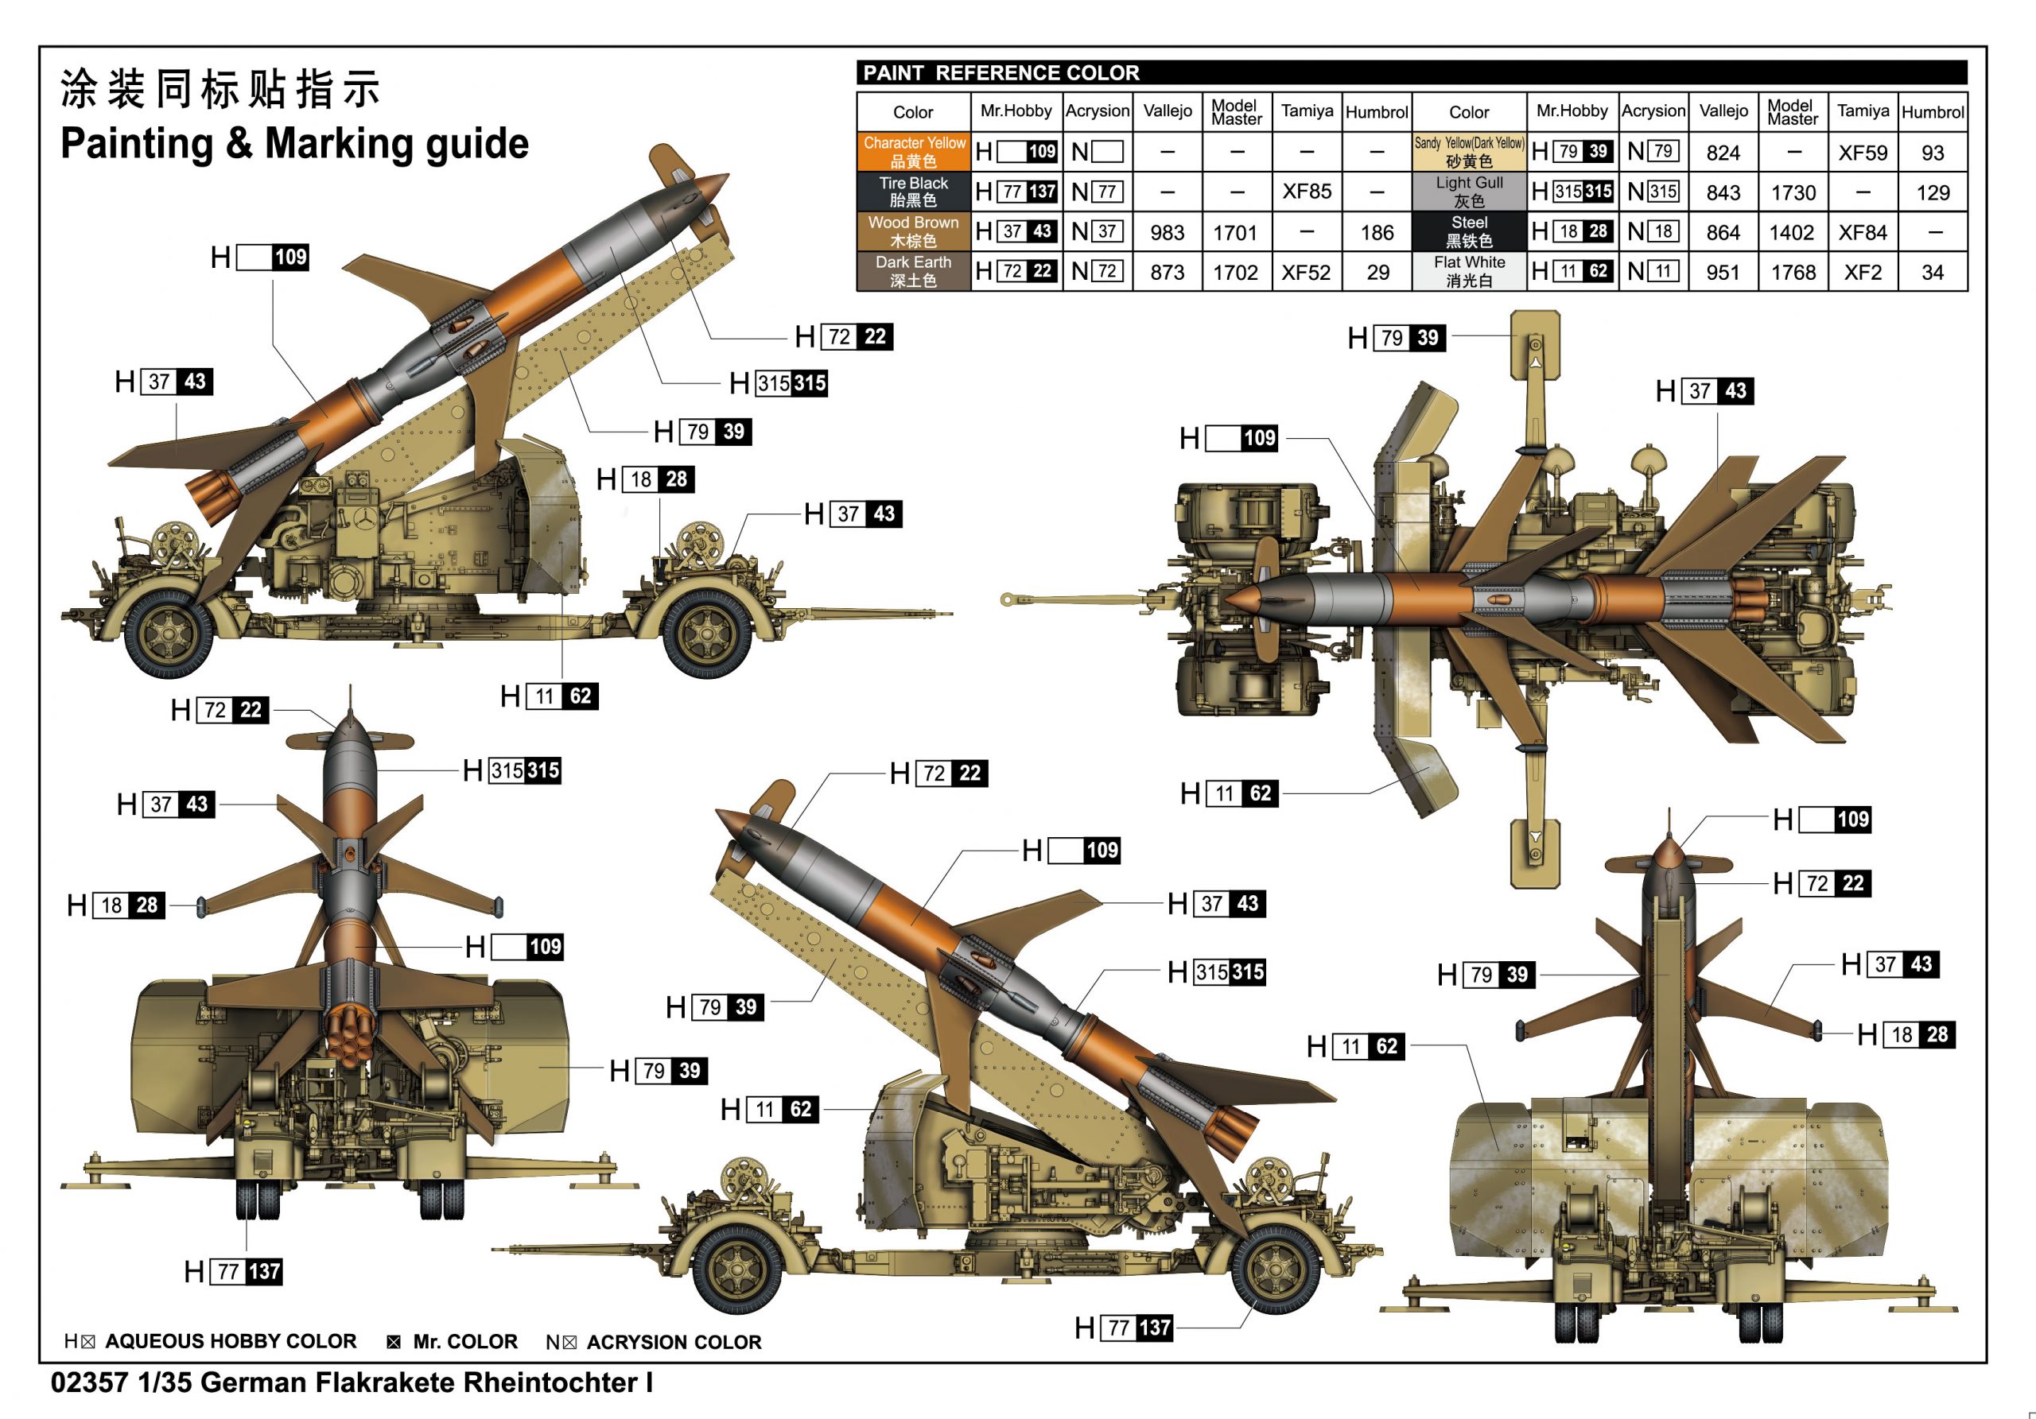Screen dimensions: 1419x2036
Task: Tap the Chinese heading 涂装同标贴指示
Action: (x=220, y=90)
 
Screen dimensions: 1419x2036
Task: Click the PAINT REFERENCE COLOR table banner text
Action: (x=1001, y=72)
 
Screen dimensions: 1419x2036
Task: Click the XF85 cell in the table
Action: (x=1306, y=192)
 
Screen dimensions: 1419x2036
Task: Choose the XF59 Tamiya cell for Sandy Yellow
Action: (x=1862, y=153)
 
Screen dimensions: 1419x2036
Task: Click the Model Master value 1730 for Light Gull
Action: (x=1793, y=192)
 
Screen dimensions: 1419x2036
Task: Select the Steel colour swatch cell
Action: (x=1470, y=231)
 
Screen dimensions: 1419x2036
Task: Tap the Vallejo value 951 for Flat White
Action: (x=1723, y=272)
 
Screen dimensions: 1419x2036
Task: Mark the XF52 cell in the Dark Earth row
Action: (x=1306, y=272)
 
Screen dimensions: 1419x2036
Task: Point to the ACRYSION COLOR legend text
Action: (x=673, y=1342)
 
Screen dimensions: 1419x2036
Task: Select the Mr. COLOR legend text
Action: (x=464, y=1341)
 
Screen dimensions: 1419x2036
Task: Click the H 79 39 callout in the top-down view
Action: (x=1397, y=338)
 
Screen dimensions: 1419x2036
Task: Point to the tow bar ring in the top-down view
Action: (x=1007, y=600)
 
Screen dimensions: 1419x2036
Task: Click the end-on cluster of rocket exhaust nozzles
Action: (x=352, y=1033)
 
